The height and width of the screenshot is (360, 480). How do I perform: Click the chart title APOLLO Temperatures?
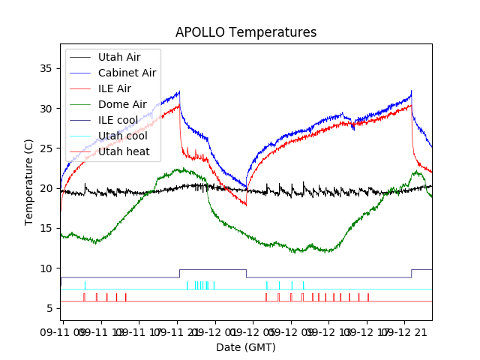click(x=246, y=32)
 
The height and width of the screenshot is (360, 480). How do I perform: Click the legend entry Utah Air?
click(x=118, y=57)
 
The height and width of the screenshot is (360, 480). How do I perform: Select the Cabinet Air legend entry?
click(x=127, y=73)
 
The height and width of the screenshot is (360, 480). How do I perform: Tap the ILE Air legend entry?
click(x=114, y=88)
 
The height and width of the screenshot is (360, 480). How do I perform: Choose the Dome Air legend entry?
click(x=122, y=104)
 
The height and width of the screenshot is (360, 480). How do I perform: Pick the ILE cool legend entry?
click(x=118, y=120)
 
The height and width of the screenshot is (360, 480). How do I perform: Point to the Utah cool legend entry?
click(x=122, y=136)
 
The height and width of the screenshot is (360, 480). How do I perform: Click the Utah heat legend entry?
click(x=124, y=151)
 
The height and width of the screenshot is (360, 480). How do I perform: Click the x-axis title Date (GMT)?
click(x=246, y=347)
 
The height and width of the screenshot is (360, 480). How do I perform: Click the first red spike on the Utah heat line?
click(x=84, y=297)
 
